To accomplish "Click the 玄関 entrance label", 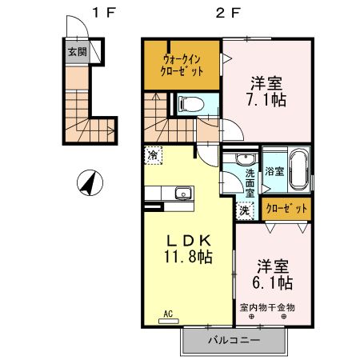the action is click(78, 51).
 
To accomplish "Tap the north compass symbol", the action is click(90, 182).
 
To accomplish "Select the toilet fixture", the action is click(191, 104).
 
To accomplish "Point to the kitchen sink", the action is click(183, 193).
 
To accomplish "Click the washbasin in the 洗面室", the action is click(246, 159).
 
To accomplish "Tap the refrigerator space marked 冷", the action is click(154, 155).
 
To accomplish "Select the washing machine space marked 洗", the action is click(245, 211).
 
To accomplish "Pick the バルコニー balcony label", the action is click(234, 340).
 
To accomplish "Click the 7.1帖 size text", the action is click(266, 100).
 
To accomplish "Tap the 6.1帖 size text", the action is click(273, 283).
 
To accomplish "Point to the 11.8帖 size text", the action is click(188, 257).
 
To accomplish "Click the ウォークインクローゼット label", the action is click(182, 66).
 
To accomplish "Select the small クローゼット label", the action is click(286, 209).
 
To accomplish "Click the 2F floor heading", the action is click(228, 13).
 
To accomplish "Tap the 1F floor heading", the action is click(104, 13).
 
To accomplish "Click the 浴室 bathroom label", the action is click(274, 171).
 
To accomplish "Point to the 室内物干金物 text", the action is click(267, 307).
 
